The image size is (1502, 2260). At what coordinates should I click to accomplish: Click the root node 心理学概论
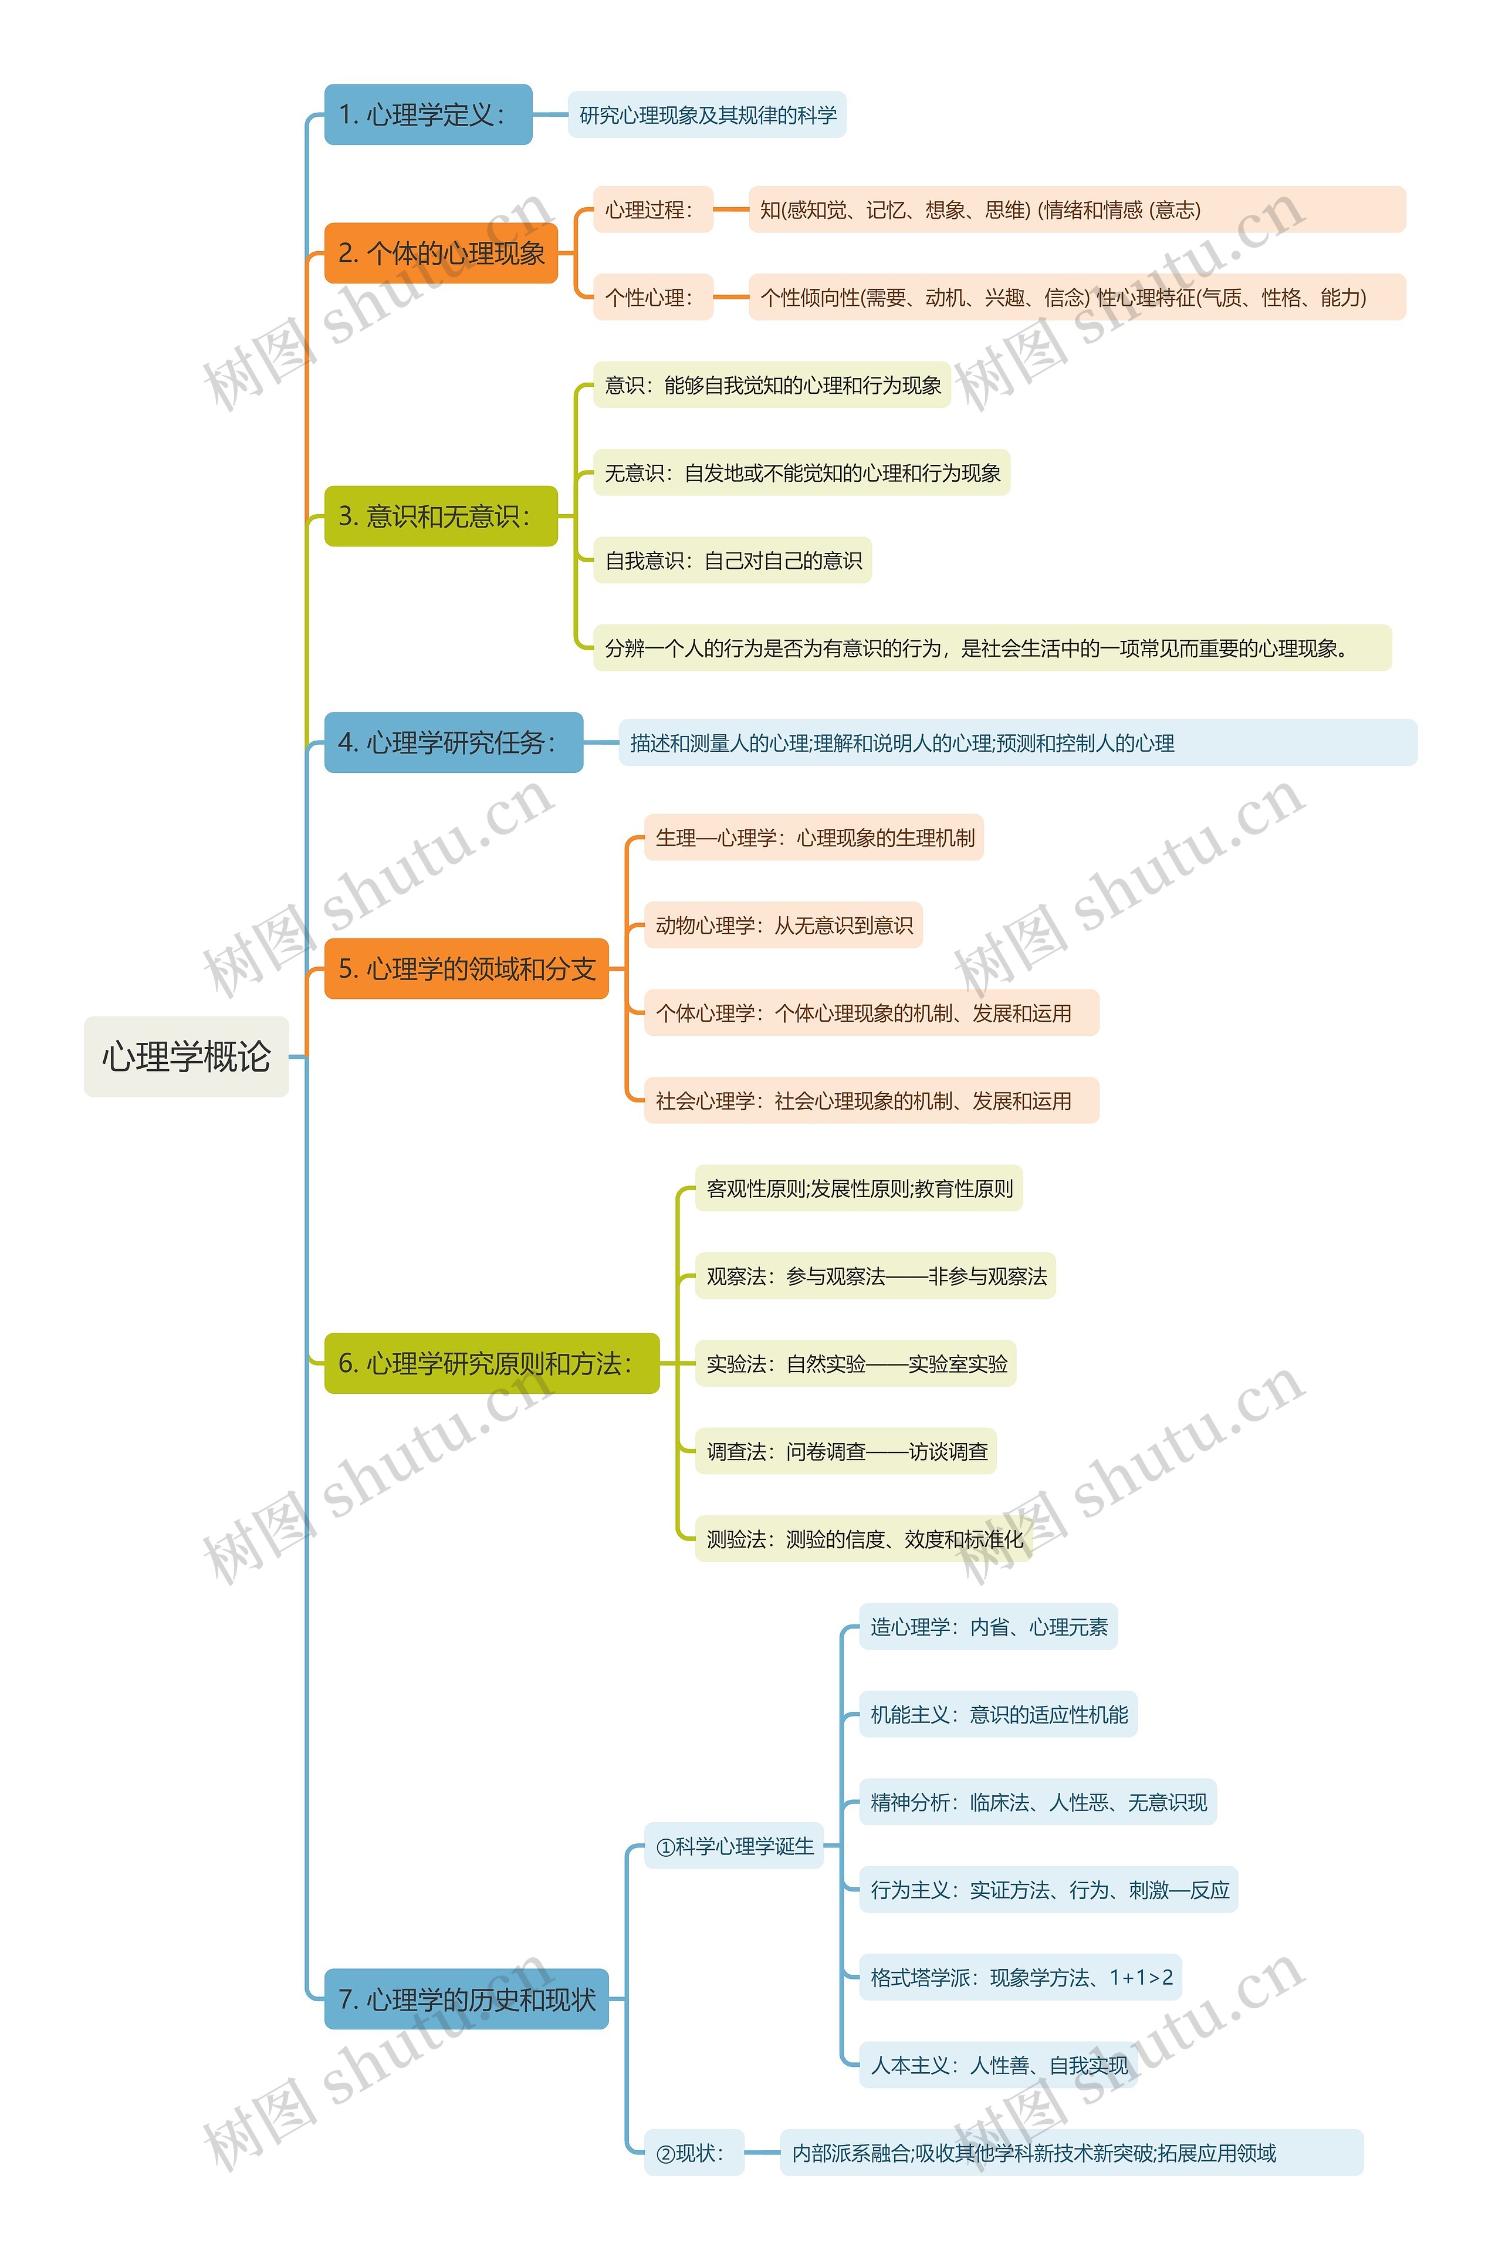(186, 1057)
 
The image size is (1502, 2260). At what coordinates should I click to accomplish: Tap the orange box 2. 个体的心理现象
(441, 253)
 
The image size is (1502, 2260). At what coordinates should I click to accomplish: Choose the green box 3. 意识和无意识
(441, 516)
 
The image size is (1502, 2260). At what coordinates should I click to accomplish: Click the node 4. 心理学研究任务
(453, 742)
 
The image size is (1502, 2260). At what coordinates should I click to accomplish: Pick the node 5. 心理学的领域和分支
(466, 968)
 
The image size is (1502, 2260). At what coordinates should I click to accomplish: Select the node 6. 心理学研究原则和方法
(492, 1363)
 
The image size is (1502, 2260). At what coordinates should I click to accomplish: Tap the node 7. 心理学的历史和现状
(466, 1999)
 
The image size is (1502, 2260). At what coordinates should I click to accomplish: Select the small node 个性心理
(652, 297)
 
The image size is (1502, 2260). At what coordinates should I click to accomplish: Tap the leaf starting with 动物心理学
(783, 925)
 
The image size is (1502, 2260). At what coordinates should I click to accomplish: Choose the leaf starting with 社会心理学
(871, 1101)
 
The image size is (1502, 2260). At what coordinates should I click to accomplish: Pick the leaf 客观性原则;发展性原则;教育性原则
(858, 1189)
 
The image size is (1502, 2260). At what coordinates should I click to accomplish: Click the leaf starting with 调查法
(846, 1451)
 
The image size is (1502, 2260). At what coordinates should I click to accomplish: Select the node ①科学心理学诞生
(734, 1846)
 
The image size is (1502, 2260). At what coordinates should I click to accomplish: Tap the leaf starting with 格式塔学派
(1020, 1977)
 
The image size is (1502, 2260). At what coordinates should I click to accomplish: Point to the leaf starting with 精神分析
(1037, 1802)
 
